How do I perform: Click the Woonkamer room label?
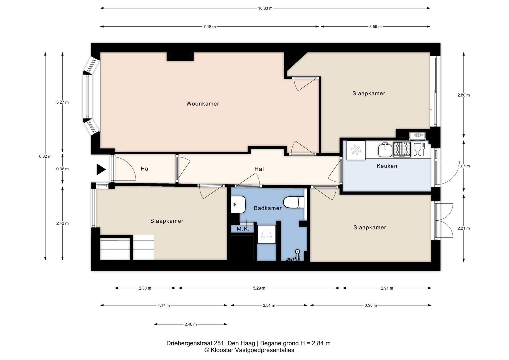pyautogui.click(x=203, y=104)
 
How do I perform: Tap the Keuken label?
pyautogui.click(x=387, y=166)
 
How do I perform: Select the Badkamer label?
pyautogui.click(x=267, y=208)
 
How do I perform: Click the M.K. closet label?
pyautogui.click(x=243, y=229)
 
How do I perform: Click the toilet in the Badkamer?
pyautogui.click(x=294, y=202)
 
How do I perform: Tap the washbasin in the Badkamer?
pyautogui.click(x=238, y=204)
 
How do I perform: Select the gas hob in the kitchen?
pyautogui.click(x=402, y=150)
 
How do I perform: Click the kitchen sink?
pyautogui.click(x=385, y=150)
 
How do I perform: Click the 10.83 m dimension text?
pyautogui.click(x=265, y=8)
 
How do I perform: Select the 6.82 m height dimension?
pyautogui.click(x=45, y=156)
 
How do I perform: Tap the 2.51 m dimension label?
pyautogui.click(x=269, y=305)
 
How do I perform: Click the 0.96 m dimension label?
pyautogui.click(x=62, y=169)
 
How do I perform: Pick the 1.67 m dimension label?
pyautogui.click(x=463, y=166)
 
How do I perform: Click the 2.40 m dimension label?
pyautogui.click(x=190, y=324)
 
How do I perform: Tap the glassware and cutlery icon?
pyautogui.click(x=419, y=149)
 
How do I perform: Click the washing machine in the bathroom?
pyautogui.click(x=267, y=234)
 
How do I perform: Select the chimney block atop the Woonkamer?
pyautogui.click(x=180, y=56)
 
